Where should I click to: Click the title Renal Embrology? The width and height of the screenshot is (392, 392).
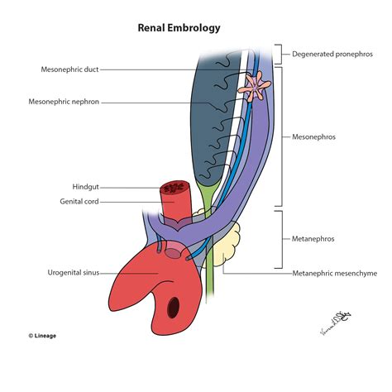(x=179, y=27)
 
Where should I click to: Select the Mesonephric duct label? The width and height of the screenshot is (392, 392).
(x=69, y=69)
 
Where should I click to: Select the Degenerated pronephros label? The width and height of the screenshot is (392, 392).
(x=330, y=55)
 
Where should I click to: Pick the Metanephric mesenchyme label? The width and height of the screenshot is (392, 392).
(x=331, y=272)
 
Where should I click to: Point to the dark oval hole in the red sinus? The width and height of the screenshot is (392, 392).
(x=174, y=307)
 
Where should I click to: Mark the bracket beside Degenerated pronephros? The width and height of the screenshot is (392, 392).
(x=282, y=55)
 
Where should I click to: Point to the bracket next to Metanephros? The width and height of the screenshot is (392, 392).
(x=284, y=237)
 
